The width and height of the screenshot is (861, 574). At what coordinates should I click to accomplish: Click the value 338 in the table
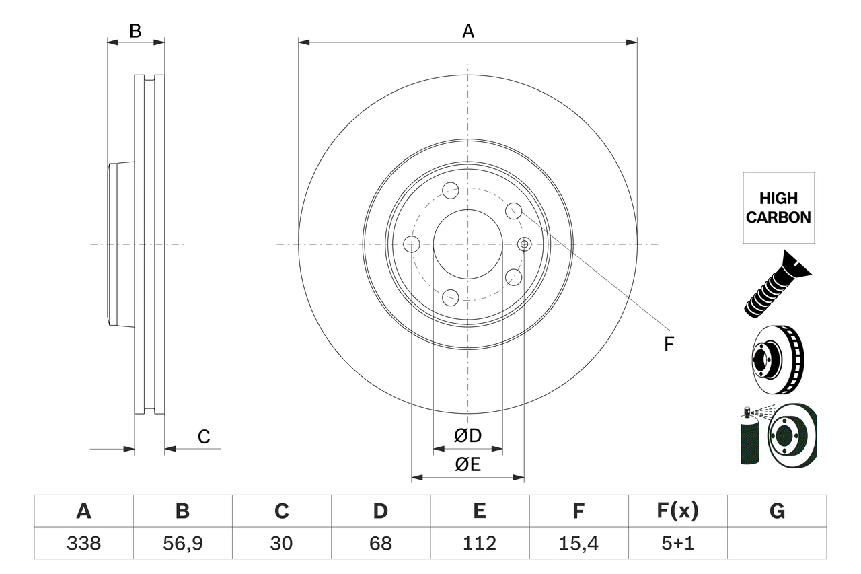click(x=83, y=543)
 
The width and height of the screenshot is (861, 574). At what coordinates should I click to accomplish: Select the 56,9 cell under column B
click(x=182, y=543)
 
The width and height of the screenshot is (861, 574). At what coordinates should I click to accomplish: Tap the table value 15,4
click(x=578, y=543)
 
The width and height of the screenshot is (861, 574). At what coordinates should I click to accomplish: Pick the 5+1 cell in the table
click(x=677, y=543)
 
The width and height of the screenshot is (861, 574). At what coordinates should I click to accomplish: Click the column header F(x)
click(x=677, y=511)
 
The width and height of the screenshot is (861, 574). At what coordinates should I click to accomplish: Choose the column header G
click(x=777, y=511)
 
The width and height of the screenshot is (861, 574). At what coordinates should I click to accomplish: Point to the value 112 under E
click(x=479, y=543)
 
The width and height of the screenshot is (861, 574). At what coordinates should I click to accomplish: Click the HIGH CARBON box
click(x=778, y=208)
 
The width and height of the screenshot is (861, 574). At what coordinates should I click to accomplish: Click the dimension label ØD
click(x=468, y=436)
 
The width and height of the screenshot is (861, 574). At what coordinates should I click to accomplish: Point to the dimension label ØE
click(x=468, y=465)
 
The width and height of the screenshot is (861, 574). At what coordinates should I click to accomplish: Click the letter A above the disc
click(x=468, y=31)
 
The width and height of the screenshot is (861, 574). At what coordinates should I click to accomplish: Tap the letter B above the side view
click(x=135, y=31)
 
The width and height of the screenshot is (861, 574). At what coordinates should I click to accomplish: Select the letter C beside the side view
click(x=204, y=437)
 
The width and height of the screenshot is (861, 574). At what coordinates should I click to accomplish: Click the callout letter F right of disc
click(x=669, y=345)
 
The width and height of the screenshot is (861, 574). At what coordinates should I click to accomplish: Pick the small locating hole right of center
click(x=525, y=244)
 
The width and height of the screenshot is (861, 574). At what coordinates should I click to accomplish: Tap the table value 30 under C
click(x=281, y=543)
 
